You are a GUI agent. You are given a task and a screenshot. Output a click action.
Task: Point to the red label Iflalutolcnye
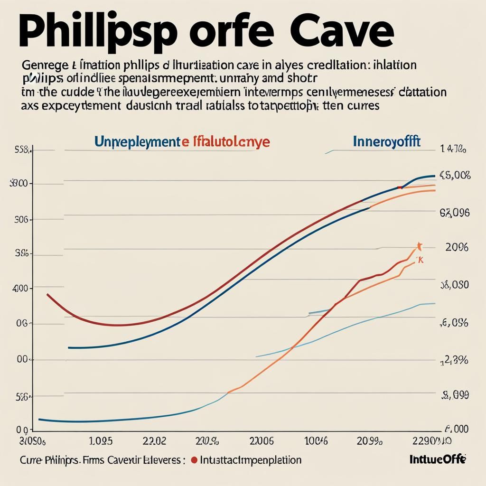(231, 141)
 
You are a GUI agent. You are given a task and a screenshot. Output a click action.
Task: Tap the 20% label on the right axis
(457, 247)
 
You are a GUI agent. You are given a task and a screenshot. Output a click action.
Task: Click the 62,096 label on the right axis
(454, 213)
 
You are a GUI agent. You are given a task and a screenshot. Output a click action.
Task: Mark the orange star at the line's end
(419, 245)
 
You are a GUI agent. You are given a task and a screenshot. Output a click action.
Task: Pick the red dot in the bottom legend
(194, 460)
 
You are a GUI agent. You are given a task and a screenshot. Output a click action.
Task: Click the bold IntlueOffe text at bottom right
(437, 459)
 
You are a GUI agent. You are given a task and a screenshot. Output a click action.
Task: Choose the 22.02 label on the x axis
(154, 441)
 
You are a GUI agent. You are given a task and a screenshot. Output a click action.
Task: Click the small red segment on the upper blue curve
(400, 187)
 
